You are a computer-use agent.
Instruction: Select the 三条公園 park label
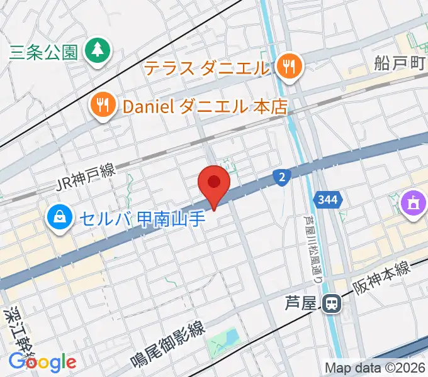click(43, 52)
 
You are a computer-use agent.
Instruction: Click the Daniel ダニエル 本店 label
click(205, 107)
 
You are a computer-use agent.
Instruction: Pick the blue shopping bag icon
click(59, 218)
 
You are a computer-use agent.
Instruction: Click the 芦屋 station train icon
click(330, 304)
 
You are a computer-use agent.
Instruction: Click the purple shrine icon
click(412, 205)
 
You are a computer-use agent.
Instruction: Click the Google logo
click(42, 363)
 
